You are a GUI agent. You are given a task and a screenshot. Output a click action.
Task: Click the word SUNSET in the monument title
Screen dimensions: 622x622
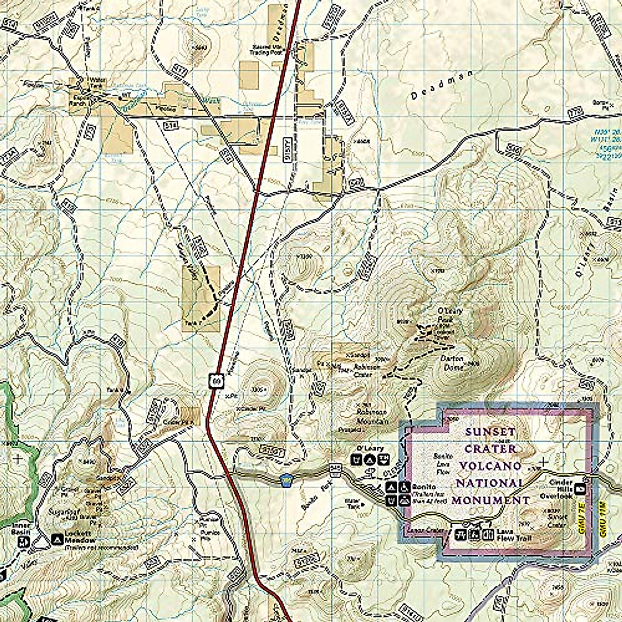484,431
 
